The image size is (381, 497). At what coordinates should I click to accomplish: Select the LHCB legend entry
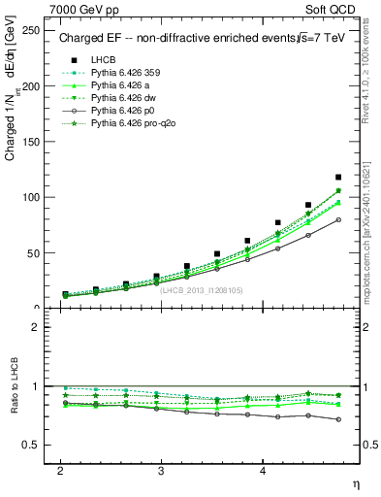[x=105, y=60]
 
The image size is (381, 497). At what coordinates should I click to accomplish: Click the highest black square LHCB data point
[x=337, y=177]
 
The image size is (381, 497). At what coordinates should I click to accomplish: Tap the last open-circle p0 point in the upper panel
[x=337, y=219]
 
